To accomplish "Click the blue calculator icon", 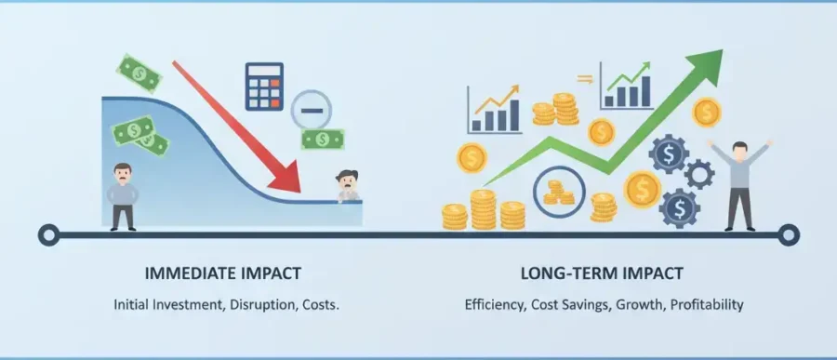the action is pyautogui.click(x=264, y=87).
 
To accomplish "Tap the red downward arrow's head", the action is pyautogui.click(x=287, y=177).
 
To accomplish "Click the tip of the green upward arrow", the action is pyautogui.click(x=723, y=50).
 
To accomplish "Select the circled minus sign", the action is pyautogui.click(x=312, y=110).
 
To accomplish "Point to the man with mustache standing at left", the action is pyautogui.click(x=123, y=196).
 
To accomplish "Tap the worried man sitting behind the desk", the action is pyautogui.click(x=348, y=186).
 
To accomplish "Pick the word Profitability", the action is pyautogui.click(x=707, y=305).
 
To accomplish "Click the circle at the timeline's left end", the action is pyautogui.click(x=48, y=235).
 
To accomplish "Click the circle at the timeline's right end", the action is pyautogui.click(x=789, y=235).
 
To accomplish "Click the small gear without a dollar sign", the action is pyautogui.click(x=699, y=174).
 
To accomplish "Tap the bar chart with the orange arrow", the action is pyautogui.click(x=494, y=109).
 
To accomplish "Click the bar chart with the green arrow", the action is pyautogui.click(x=627, y=86).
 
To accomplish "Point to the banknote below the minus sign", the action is pyautogui.click(x=323, y=140).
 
